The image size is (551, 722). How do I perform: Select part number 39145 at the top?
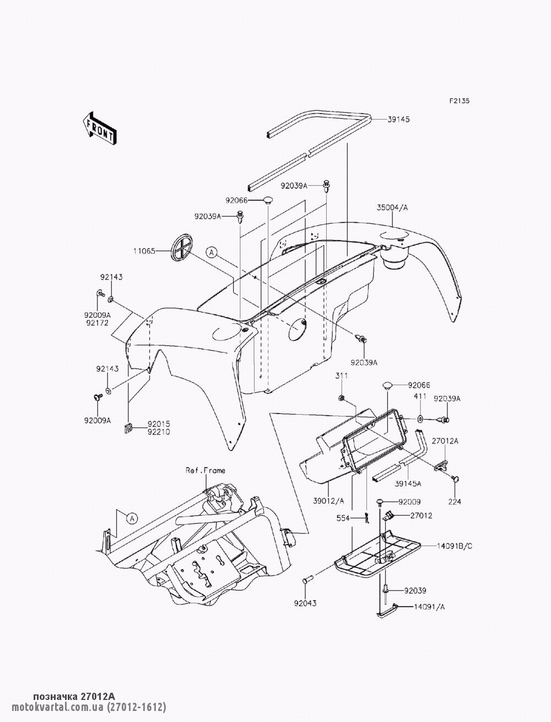point(398,119)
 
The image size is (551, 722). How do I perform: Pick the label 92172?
point(97,323)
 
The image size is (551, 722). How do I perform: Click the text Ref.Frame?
point(205,470)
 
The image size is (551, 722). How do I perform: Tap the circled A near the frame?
point(132,518)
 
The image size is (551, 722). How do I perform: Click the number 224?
point(455,502)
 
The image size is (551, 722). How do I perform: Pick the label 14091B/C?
point(455,546)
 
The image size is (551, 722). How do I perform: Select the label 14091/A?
point(432,606)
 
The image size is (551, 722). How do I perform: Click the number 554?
point(343,518)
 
